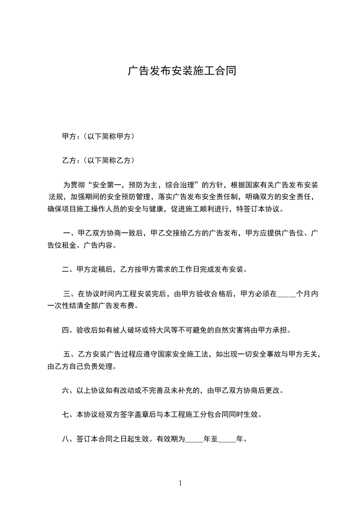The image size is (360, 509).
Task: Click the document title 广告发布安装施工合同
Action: [181, 71]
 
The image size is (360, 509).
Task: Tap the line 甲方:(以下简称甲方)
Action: [98, 136]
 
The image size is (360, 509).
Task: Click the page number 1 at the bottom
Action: [180, 483]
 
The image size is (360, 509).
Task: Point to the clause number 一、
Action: [69, 234]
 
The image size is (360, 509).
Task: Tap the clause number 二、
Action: [69, 270]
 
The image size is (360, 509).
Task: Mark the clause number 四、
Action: [69, 330]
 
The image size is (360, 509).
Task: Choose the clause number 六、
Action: [69, 390]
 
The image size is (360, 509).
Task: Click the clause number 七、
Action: [69, 415]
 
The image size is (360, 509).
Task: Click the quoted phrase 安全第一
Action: [108, 185]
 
